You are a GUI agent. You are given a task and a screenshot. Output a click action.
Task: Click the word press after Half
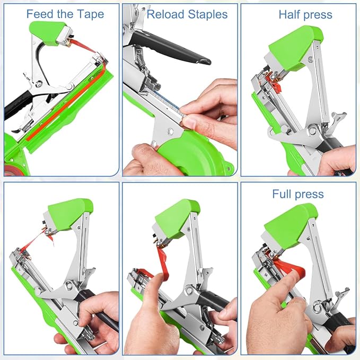click(x=319, y=14)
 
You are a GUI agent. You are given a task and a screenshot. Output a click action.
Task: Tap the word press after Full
click(x=310, y=194)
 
